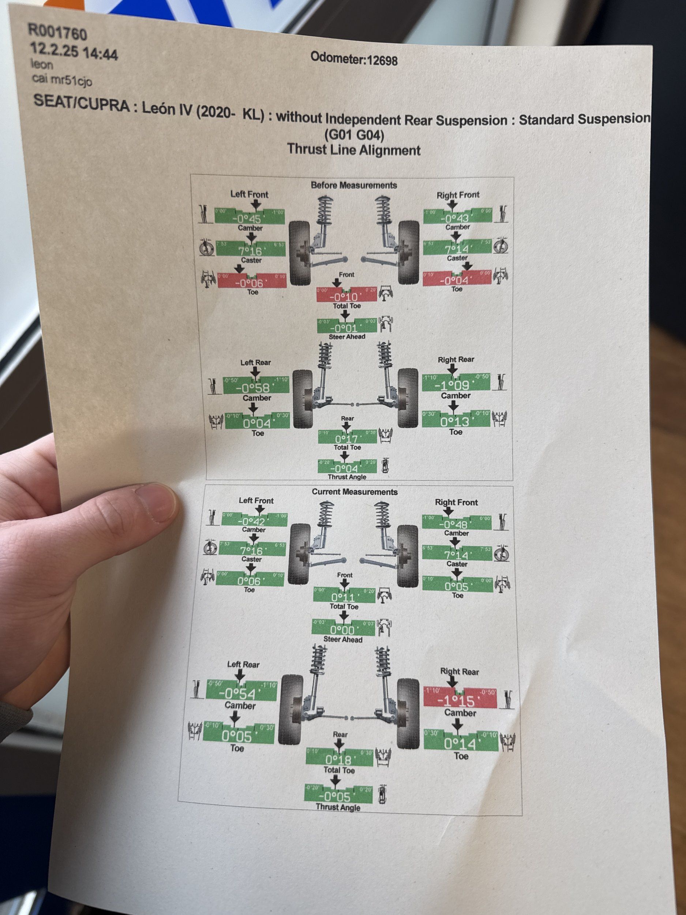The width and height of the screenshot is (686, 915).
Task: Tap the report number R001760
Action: coord(57,33)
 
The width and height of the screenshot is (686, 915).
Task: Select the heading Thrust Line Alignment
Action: coord(353,149)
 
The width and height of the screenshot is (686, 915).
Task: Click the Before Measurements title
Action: coord(353,185)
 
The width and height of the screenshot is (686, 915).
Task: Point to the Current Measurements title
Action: coord(355,492)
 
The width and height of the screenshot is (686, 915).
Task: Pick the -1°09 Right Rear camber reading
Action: coord(454,385)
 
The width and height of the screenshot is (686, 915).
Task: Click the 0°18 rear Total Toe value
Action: coord(338,759)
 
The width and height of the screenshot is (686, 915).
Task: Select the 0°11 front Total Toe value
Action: coord(343,598)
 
